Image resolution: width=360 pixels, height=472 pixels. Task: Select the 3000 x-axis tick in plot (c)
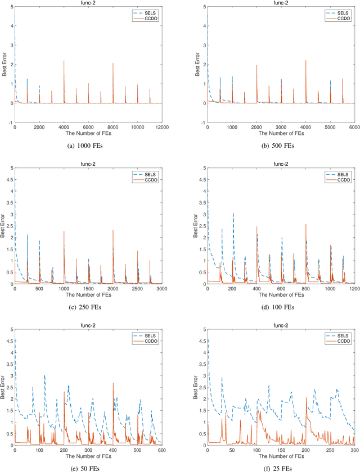point(161,289)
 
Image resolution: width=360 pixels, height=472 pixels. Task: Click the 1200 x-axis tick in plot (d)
point(354,289)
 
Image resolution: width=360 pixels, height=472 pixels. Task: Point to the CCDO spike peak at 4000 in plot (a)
point(64,61)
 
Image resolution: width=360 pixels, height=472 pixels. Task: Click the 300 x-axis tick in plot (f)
point(354,450)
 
